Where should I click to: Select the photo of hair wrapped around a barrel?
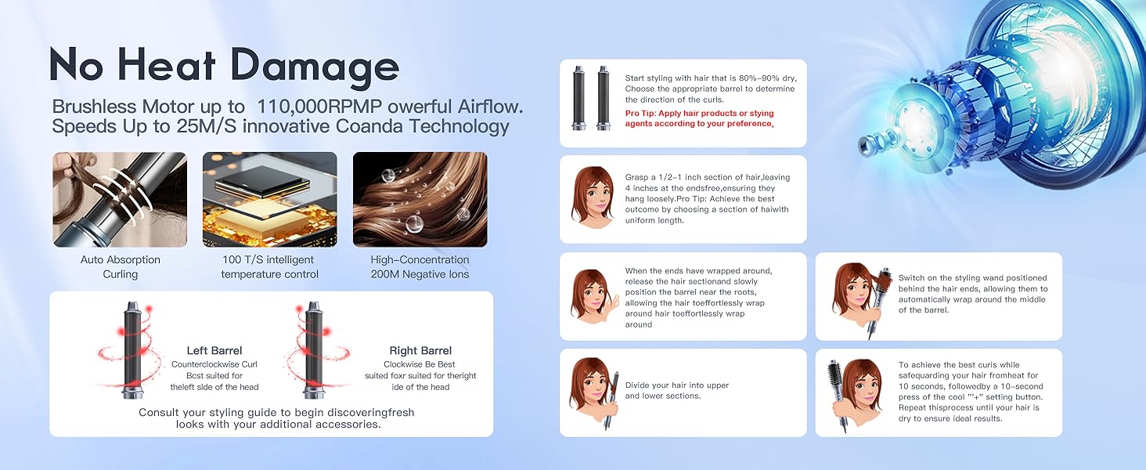(x=120, y=200)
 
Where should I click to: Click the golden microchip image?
(x=269, y=200)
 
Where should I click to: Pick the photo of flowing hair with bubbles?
(x=420, y=200)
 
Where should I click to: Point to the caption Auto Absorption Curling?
(x=120, y=266)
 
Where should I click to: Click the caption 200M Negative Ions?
(x=420, y=274)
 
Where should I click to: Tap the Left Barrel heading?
(x=214, y=351)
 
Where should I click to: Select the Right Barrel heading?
(x=420, y=351)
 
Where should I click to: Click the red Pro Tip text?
(x=699, y=118)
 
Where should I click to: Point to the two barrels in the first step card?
(x=591, y=97)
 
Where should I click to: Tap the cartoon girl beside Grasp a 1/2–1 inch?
(x=594, y=197)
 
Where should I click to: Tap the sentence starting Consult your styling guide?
(x=276, y=418)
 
